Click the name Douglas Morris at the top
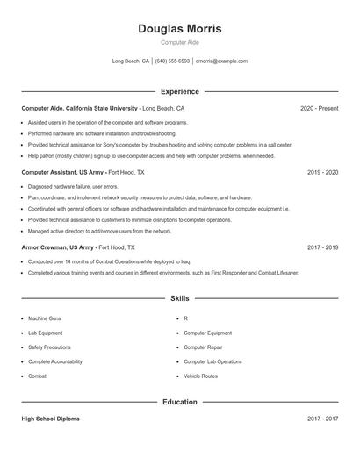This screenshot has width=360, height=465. click(x=179, y=28)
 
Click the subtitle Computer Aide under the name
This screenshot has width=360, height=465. click(x=179, y=42)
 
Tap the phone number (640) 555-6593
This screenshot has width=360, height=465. click(x=173, y=61)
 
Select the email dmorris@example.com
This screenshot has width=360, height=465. click(x=221, y=61)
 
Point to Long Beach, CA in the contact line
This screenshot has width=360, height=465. click(x=131, y=61)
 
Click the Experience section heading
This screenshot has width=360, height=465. click(x=179, y=91)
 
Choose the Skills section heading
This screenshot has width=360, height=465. click(x=179, y=299)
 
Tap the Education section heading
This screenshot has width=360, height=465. click(x=179, y=403)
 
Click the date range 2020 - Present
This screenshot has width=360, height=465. click(x=319, y=108)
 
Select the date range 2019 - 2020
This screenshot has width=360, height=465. click(x=322, y=172)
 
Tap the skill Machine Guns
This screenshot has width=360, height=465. click(x=44, y=318)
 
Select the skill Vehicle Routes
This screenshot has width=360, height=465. click(x=200, y=376)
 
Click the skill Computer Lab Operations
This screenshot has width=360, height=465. click(x=212, y=361)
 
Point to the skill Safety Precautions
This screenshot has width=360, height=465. click(x=50, y=347)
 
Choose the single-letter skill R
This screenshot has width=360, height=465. click(x=186, y=318)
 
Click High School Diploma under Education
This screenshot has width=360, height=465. click(x=50, y=419)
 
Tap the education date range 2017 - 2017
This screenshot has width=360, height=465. click(x=322, y=419)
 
